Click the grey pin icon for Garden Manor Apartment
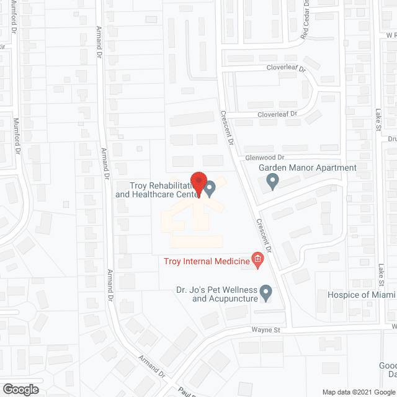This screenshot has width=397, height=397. (x=272, y=182)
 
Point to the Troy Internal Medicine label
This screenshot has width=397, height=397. (x=206, y=261)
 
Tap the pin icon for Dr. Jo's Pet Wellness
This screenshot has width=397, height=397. (x=266, y=292)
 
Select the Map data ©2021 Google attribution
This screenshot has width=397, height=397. (x=357, y=392)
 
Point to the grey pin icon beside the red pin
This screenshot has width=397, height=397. (x=210, y=186)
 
